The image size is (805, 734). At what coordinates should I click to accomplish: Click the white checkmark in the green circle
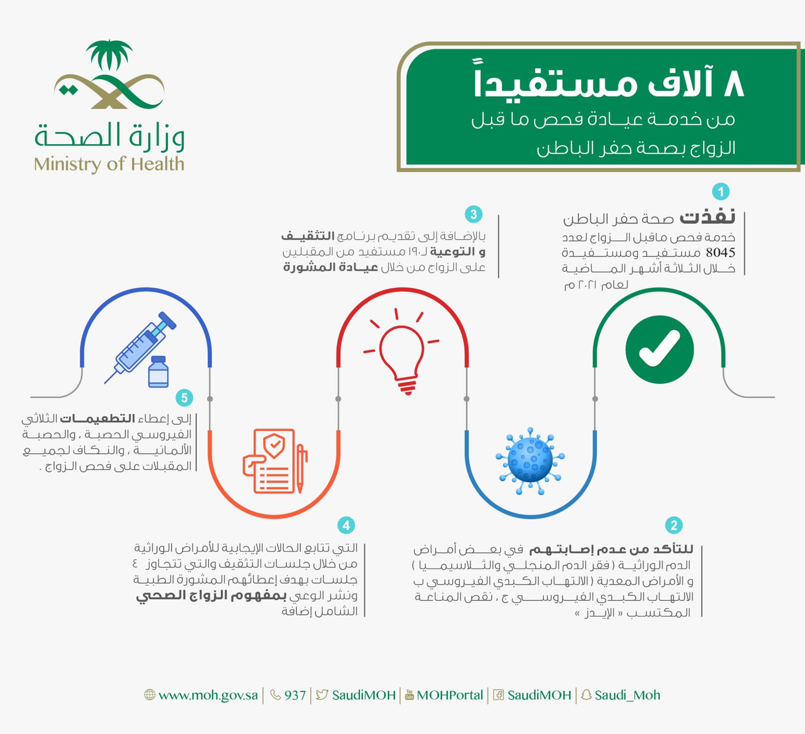tap(659, 349)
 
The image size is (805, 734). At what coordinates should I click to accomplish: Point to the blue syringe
tap(141, 347)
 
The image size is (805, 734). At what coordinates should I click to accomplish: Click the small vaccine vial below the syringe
tap(158, 372)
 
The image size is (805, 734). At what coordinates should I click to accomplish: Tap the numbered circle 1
tap(720, 191)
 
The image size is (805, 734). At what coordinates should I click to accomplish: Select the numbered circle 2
tap(674, 525)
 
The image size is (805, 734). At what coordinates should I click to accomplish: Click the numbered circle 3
tap(473, 214)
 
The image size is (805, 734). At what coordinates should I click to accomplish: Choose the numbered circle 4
tap(346, 525)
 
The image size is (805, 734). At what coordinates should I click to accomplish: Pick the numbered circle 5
tap(184, 398)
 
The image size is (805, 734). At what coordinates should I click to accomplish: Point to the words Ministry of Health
tap(109, 164)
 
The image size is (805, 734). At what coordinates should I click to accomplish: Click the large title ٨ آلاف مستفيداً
tap(609, 83)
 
